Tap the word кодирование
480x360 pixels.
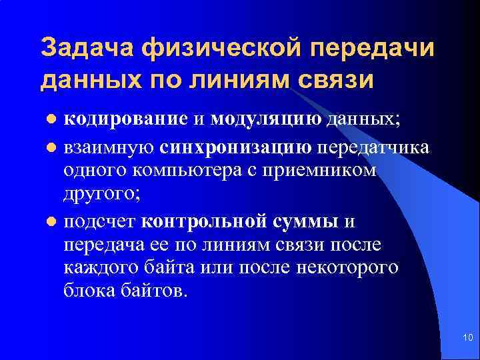pos(125,119)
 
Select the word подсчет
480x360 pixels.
pos(99,221)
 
